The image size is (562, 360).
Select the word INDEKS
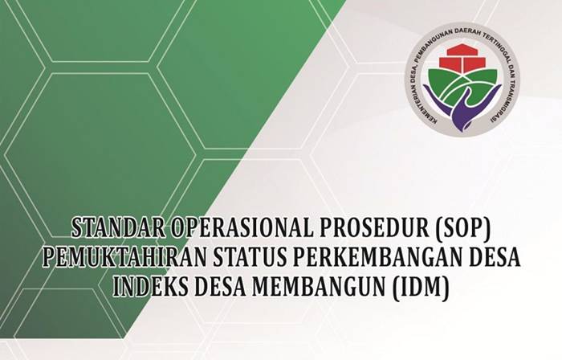click(x=145, y=287)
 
